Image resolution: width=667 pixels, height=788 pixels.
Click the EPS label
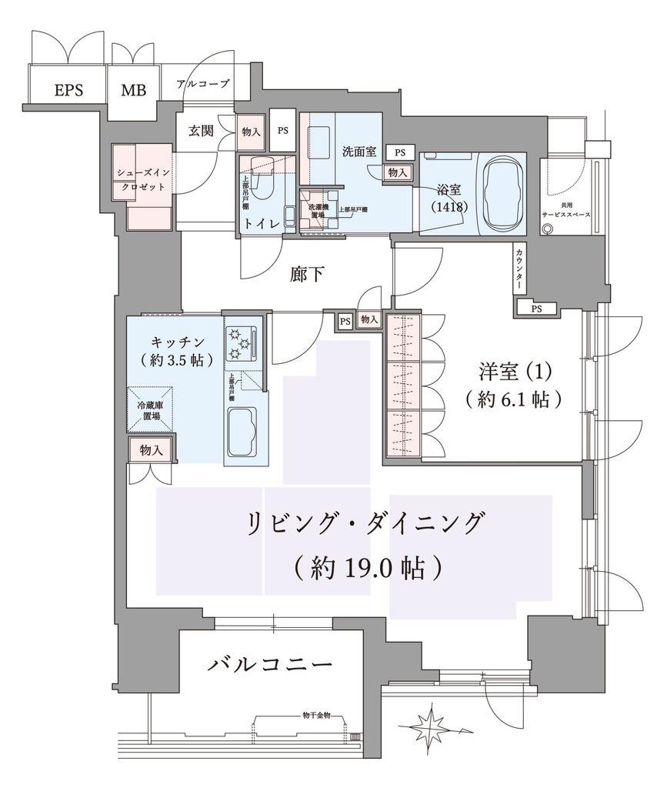tap(68, 89)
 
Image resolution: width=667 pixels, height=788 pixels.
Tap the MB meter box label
tap(132, 89)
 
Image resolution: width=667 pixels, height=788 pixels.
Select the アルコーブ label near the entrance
tap(202, 84)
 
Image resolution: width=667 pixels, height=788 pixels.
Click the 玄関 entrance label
tap(201, 131)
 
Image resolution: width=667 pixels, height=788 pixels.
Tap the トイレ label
tap(259, 224)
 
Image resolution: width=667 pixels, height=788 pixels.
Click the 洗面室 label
tap(359, 152)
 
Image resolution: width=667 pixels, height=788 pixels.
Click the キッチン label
tap(176, 341)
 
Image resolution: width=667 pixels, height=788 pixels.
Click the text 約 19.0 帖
tap(368, 567)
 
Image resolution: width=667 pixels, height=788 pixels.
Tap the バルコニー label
tap(270, 664)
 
